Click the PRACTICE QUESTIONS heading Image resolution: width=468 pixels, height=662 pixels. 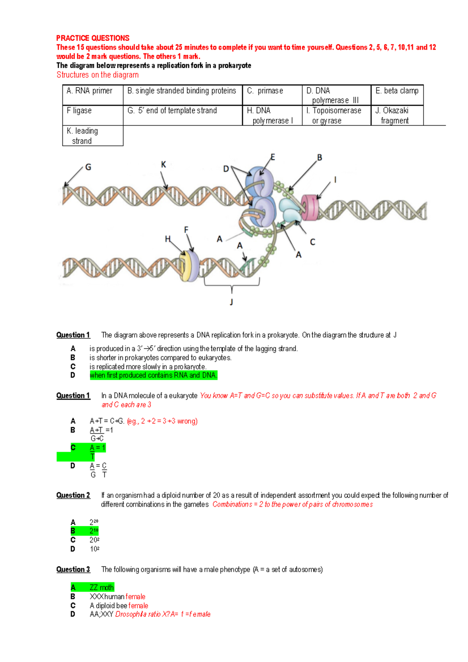[92, 38]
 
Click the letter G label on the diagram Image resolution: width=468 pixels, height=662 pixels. [88, 167]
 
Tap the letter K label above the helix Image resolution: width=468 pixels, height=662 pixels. [163, 165]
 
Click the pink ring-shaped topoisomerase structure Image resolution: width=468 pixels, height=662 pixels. [310, 207]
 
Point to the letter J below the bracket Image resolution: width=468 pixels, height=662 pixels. [231, 302]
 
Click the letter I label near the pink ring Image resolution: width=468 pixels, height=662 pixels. [335, 180]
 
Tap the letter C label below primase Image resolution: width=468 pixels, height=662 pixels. [312, 242]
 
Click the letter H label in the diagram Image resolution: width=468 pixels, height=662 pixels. [168, 239]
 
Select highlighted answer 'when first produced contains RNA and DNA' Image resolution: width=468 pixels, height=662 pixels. [153, 375]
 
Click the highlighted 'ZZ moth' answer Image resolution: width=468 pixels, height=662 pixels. [101, 588]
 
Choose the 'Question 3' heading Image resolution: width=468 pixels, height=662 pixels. [73, 570]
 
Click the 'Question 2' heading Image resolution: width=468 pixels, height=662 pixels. [73, 496]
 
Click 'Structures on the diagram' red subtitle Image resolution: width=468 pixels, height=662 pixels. [97, 75]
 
